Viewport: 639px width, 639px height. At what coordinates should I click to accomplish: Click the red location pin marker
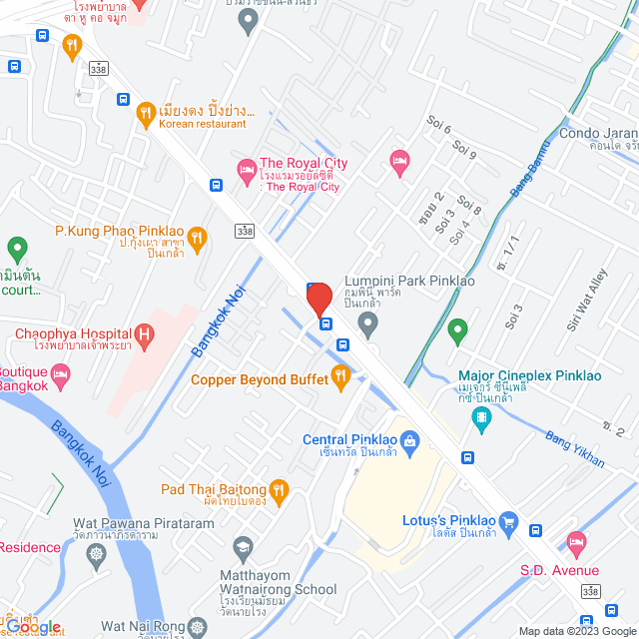tap(319, 299)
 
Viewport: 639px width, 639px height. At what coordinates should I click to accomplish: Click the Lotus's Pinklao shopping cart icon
tap(508, 520)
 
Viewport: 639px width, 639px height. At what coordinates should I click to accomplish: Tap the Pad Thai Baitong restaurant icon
tap(278, 489)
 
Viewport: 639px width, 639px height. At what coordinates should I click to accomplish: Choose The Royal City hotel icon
tap(246, 171)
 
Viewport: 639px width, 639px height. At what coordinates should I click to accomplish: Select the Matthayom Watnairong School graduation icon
tap(242, 547)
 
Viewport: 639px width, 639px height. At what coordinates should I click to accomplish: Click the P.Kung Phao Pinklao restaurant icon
tap(196, 238)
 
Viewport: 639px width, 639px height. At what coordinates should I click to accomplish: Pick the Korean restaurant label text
tap(202, 124)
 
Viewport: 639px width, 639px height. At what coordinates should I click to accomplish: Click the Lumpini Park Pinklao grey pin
tap(367, 321)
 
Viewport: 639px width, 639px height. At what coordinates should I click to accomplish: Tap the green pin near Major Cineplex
tap(457, 327)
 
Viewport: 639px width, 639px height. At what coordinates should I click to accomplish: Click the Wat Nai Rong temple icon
tap(198, 628)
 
